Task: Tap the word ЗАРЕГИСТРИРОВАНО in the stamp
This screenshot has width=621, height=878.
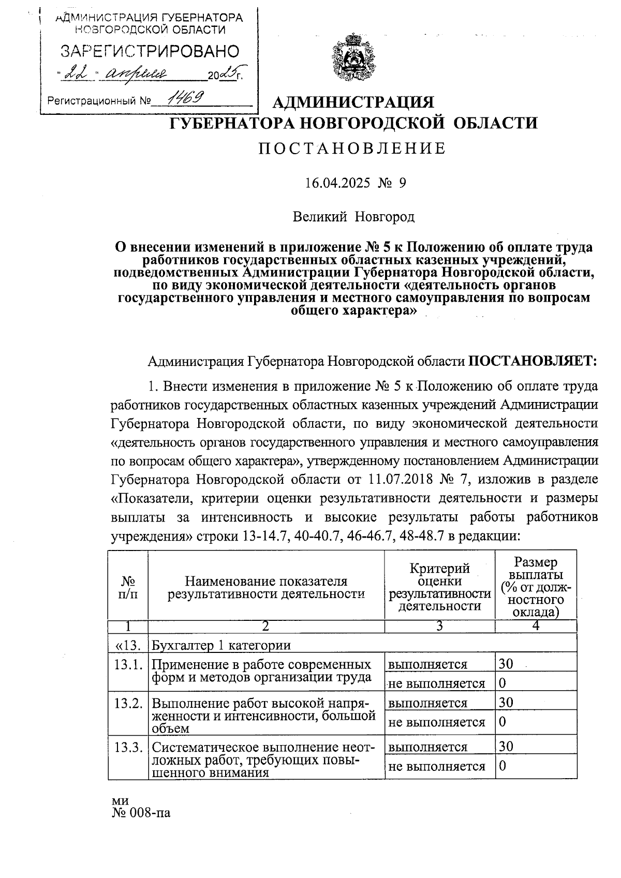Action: (150, 51)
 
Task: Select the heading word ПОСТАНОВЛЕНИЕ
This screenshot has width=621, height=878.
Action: (352, 148)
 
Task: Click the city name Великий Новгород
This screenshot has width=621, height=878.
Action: (353, 216)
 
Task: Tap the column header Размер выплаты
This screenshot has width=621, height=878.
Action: (536, 569)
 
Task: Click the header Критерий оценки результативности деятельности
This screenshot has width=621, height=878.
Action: (439, 587)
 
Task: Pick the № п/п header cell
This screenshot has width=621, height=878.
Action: (128, 587)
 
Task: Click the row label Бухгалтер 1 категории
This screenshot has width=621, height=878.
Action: (221, 645)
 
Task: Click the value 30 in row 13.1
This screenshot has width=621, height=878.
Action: (506, 664)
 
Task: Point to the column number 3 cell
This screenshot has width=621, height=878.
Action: (439, 626)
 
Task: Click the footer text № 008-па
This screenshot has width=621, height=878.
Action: (141, 813)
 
